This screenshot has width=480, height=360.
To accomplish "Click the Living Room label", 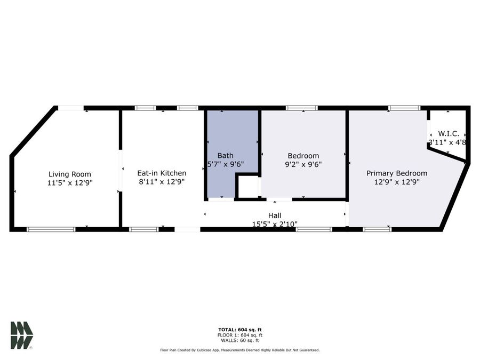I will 70,174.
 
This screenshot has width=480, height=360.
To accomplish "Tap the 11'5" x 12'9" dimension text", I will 70,183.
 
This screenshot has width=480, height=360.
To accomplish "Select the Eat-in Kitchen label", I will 162,173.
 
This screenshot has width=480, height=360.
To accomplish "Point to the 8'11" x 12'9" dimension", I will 162,182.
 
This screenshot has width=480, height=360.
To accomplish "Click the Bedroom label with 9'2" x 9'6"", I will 303,156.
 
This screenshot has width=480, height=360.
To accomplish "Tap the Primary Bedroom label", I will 396,173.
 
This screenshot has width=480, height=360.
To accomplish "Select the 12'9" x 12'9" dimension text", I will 396,182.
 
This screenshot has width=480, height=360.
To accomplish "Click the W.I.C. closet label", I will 448,133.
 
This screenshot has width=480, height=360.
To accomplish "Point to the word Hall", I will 275,215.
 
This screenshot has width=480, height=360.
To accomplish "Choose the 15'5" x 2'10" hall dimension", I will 275,224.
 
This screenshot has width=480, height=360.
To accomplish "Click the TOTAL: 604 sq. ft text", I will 239,330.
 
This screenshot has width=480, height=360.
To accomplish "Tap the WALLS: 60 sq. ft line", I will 239,340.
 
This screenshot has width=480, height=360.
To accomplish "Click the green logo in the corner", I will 21,335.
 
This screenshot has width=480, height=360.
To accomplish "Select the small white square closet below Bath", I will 247,187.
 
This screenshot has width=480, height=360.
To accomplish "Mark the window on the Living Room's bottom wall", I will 51,229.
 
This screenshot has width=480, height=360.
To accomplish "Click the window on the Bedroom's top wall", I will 302,108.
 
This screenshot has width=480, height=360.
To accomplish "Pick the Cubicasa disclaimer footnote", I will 239,350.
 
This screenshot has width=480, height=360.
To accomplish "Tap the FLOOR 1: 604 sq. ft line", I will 239,335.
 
